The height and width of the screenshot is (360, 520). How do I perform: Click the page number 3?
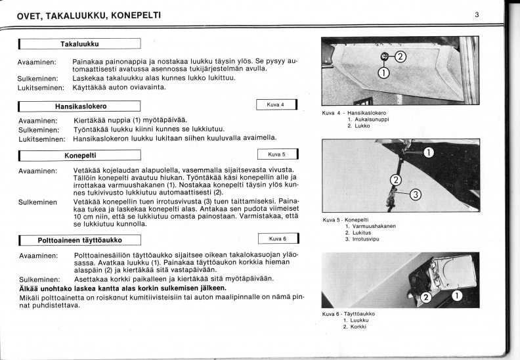pyautogui.click(x=477, y=14)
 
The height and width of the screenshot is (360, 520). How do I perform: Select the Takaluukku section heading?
pyautogui.click(x=79, y=44)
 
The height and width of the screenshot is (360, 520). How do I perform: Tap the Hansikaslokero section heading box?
pyautogui.click(x=79, y=106)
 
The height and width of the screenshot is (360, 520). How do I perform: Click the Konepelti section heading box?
pyautogui.click(x=80, y=155)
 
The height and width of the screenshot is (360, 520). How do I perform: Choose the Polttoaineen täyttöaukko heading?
pyautogui.click(x=80, y=240)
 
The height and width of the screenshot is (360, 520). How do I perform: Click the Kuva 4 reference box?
pyautogui.click(x=276, y=104)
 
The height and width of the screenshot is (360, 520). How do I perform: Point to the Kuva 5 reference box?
pyautogui.click(x=278, y=154)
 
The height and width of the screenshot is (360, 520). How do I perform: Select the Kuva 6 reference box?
pyautogui.click(x=278, y=238)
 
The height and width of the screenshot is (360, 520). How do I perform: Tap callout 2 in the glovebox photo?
pyautogui.click(x=401, y=57)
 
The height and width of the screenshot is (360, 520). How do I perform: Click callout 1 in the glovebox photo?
pyautogui.click(x=383, y=73)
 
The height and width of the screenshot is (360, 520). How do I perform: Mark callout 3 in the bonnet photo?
pyautogui.click(x=416, y=194)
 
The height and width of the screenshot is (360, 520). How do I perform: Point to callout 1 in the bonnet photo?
pyautogui.click(x=429, y=152)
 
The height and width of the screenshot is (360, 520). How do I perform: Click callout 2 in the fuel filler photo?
pyautogui.click(x=427, y=297)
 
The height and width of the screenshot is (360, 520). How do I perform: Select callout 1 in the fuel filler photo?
pyautogui.click(x=458, y=296)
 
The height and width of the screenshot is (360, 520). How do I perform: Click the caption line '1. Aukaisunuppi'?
pyautogui.click(x=368, y=120)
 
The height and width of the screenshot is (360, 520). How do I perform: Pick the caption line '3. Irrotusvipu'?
pyautogui.click(x=362, y=239)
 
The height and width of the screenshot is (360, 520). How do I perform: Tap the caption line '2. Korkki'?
pyautogui.click(x=355, y=326)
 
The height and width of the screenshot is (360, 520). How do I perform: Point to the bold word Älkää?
pyautogui.click(x=28, y=288)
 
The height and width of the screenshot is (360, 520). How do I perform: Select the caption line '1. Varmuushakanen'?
pyautogui.click(x=370, y=226)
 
